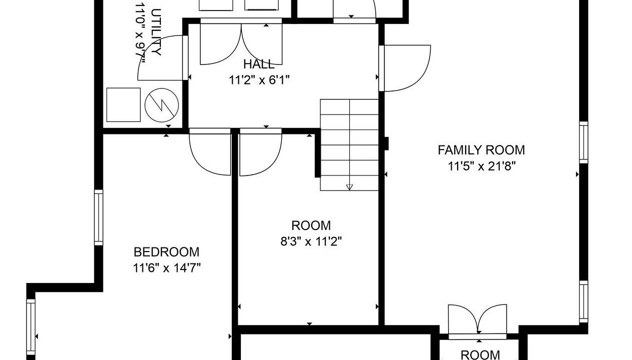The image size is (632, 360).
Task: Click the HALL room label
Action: [259, 64]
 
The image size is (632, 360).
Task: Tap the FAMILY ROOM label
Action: [481, 150]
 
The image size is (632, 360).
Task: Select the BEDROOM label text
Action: [166, 252]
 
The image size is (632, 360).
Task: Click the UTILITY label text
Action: [156, 32]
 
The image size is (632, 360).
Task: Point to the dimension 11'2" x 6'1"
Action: [259, 80]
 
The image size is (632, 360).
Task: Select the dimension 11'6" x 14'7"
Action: [166, 268]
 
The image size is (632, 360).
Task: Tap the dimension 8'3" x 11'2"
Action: [311, 241]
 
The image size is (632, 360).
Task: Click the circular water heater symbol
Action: [162, 105]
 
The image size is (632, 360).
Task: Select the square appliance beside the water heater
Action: [123, 105]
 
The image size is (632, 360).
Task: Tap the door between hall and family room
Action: [405, 68]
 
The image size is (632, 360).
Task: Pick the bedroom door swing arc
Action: [210, 152]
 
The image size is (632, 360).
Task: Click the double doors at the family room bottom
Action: [478, 321]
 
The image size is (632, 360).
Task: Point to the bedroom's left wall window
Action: [98, 217]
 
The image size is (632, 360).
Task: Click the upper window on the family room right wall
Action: [584, 142]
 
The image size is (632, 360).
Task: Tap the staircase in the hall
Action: [349, 145]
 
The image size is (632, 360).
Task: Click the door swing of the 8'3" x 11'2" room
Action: [261, 152]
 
